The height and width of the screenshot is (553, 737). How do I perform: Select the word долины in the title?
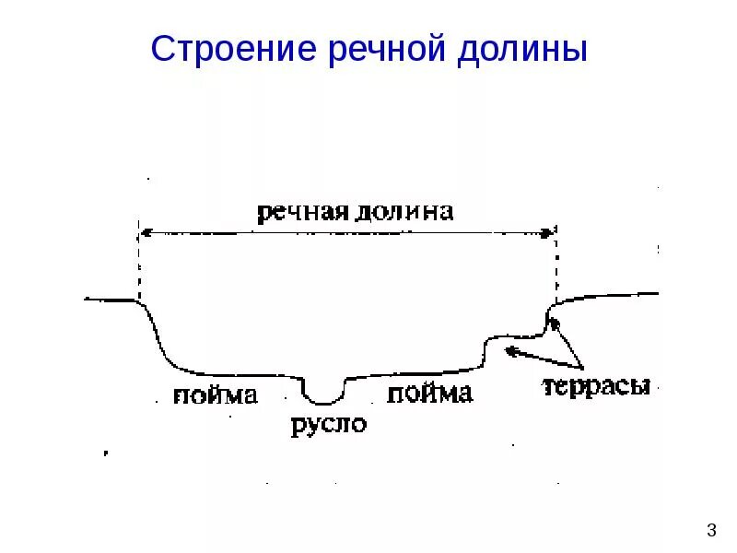tap(521, 49)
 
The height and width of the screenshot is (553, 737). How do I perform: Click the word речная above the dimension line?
tap(300, 213)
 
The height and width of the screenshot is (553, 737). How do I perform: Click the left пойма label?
tap(215, 395)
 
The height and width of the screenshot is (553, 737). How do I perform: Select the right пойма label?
tap(429, 394)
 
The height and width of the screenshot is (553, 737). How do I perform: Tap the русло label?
tap(328, 426)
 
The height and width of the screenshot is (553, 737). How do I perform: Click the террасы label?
tap(596, 385)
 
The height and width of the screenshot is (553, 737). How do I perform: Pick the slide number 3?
tap(710, 530)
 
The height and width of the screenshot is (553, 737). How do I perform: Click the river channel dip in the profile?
tap(323, 398)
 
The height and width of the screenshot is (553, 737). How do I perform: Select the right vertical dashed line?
tap(555, 267)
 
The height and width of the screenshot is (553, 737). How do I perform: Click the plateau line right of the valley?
tap(617, 296)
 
